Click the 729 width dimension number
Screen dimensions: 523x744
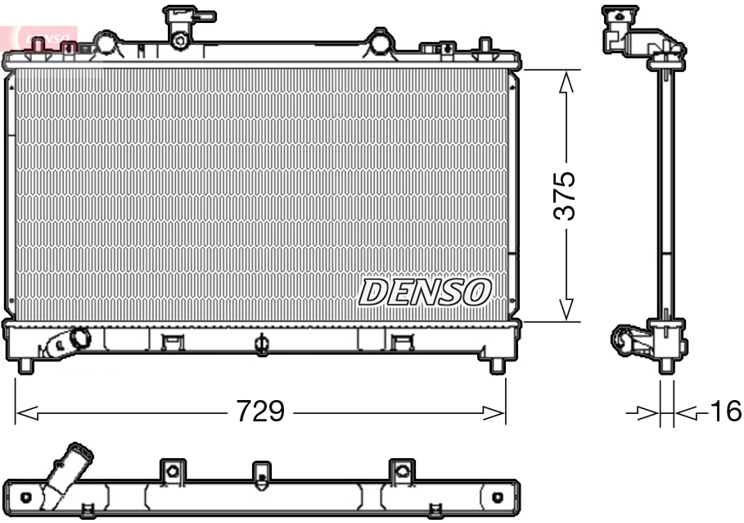point(260,412)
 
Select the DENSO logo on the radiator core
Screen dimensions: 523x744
point(425,292)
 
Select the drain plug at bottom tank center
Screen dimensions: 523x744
point(261,344)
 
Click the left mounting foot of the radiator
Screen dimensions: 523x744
point(25,365)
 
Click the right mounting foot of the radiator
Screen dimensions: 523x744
point(497,365)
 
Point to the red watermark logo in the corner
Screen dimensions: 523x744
point(41,37)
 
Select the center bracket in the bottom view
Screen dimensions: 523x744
point(260,473)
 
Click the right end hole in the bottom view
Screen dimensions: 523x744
point(497,497)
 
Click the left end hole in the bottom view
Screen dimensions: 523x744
point(26,497)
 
